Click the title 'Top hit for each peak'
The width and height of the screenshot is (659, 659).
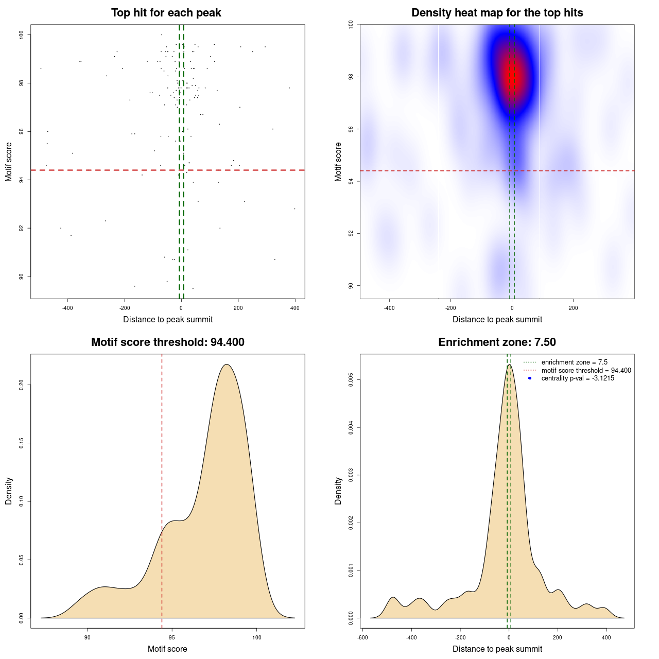tap(166, 13)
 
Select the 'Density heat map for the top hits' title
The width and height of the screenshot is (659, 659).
tap(497, 13)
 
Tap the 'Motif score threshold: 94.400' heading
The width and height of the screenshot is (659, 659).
tap(167, 342)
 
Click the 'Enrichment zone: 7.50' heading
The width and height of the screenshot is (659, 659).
tap(497, 342)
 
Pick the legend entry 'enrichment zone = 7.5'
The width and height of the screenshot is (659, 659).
tap(574, 362)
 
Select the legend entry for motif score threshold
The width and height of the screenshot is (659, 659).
tap(586, 370)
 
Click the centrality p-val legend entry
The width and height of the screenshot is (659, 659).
tap(578, 378)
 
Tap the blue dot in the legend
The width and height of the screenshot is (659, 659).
tap(530, 378)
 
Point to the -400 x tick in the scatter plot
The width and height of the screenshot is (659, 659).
tap(67, 308)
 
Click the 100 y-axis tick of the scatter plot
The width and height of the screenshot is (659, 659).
tap(22, 34)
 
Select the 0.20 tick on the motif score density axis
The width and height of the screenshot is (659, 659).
tap(22, 385)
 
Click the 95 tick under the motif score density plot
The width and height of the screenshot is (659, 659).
tap(172, 637)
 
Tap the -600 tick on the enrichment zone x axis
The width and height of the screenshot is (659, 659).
tap(362, 637)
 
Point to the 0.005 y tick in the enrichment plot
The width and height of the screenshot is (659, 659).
tap(351, 380)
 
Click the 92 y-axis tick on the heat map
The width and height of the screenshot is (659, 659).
tap(351, 233)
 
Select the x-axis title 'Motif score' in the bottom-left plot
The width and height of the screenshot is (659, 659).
tap(167, 649)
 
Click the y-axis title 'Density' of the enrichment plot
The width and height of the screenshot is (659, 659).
tap(338, 491)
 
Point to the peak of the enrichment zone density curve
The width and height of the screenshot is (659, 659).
tap(509, 365)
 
